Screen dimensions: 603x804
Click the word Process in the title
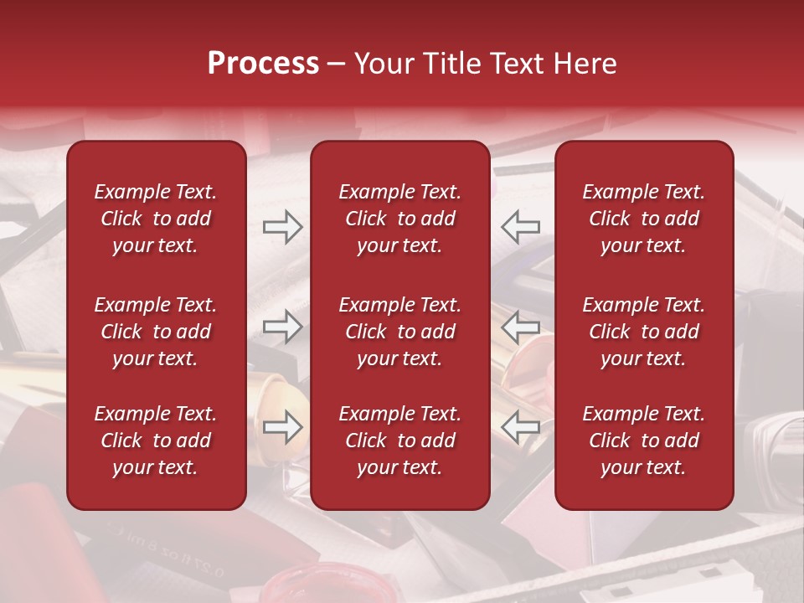pos(263,64)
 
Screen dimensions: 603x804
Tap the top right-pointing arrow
pos(283,226)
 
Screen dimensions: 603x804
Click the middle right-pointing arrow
pos(283,327)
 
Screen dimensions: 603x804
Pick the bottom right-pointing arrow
pos(283,427)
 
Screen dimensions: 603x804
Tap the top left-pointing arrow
pos(521,226)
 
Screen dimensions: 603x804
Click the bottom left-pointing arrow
pos(521,427)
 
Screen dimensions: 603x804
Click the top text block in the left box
pos(156,219)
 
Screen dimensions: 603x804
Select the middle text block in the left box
pos(156,332)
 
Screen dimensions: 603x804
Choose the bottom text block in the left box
pos(156,441)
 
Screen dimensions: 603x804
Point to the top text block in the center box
pos(400,219)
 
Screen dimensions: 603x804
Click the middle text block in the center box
pos(400,332)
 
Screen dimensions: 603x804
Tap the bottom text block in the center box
pos(400,441)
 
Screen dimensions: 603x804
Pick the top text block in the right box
pos(644,219)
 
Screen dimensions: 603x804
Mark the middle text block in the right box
pos(644,332)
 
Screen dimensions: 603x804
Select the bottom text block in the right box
pos(644,441)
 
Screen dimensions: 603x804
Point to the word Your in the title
pos(384,64)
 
